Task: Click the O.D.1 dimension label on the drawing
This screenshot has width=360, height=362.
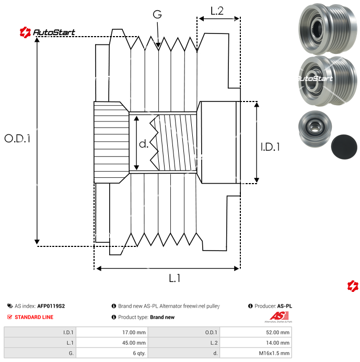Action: (18, 139)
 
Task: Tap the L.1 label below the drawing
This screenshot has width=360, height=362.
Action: (175, 279)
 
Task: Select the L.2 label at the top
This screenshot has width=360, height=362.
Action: (217, 10)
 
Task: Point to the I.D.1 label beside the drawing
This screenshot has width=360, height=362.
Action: (270, 147)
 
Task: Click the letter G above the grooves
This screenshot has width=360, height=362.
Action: (157, 15)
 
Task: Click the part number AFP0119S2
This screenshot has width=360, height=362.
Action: (51, 306)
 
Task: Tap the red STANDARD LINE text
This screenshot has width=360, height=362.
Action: (33, 317)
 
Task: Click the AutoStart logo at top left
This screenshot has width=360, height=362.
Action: (48, 32)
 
